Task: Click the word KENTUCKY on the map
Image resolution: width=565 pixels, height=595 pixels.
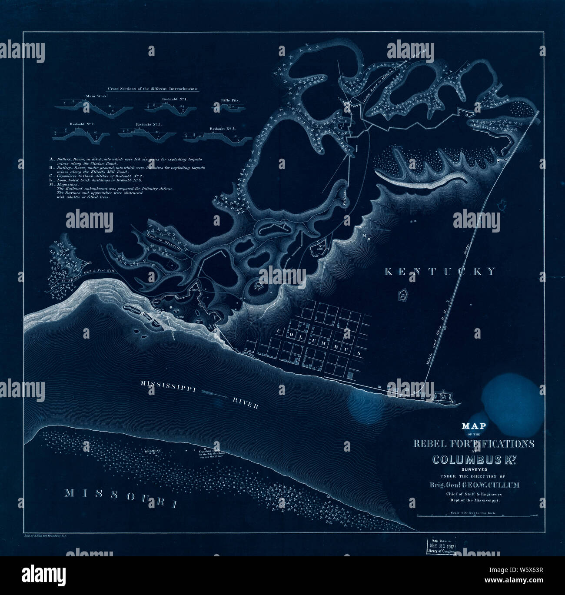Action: tap(440, 272)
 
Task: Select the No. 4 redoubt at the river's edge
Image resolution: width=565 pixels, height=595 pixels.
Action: tap(443, 396)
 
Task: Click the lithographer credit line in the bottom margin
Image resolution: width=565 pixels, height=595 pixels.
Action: tap(48, 537)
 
